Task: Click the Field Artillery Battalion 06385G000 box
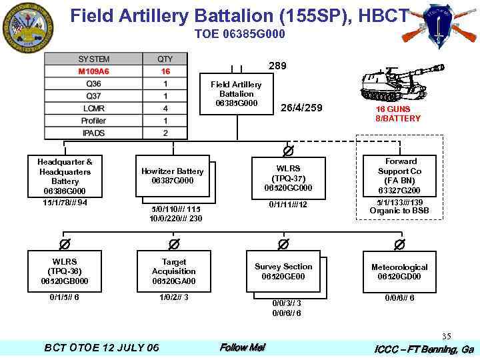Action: click(x=236, y=94)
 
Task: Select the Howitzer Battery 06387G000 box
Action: click(x=172, y=176)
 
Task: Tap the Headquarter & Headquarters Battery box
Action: click(x=65, y=176)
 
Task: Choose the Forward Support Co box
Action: click(x=400, y=176)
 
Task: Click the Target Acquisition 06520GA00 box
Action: click(x=173, y=271)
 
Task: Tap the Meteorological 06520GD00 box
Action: click(x=399, y=271)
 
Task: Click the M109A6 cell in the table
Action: click(x=94, y=71)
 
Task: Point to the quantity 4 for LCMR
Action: click(x=165, y=108)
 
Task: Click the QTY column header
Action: click(x=165, y=59)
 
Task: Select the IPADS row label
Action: click(x=94, y=133)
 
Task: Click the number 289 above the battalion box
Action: click(x=277, y=66)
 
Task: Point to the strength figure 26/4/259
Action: click(x=301, y=108)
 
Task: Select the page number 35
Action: click(x=446, y=336)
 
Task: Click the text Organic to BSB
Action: click(x=399, y=211)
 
